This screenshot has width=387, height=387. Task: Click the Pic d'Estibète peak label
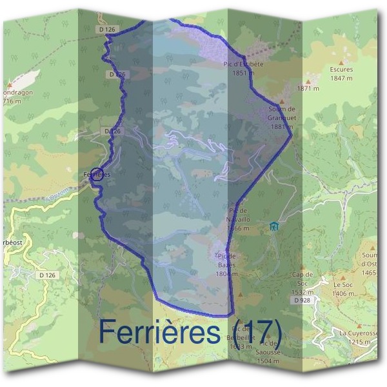point(243,68)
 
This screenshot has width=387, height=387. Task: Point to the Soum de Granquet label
point(281,117)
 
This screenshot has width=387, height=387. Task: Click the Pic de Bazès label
point(227,264)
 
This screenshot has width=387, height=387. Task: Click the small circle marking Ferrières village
point(96,174)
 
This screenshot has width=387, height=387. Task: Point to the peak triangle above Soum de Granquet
point(281,102)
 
